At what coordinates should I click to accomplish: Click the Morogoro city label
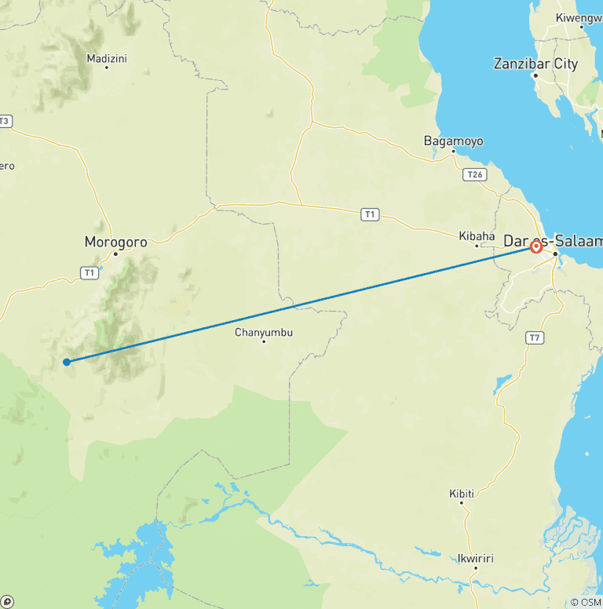(115, 242)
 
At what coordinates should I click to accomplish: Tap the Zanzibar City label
(535, 64)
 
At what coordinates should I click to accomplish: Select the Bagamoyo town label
(453, 141)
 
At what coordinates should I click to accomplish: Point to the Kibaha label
(477, 235)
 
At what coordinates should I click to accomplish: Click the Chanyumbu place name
(264, 332)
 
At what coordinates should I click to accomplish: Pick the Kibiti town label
(462, 493)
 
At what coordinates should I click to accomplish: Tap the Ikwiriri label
(475, 559)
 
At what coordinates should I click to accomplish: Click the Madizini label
(107, 58)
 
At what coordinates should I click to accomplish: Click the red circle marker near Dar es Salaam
(536, 246)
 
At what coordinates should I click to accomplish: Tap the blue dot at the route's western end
(67, 362)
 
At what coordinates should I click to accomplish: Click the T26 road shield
(474, 174)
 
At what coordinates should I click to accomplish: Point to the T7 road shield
(535, 337)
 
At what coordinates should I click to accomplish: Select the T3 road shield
(5, 121)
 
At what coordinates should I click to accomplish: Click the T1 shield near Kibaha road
(370, 213)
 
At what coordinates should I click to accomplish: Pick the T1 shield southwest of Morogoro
(90, 272)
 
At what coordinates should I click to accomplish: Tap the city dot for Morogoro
(115, 253)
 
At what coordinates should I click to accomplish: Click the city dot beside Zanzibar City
(535, 76)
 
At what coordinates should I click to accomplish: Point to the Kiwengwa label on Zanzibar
(579, 17)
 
